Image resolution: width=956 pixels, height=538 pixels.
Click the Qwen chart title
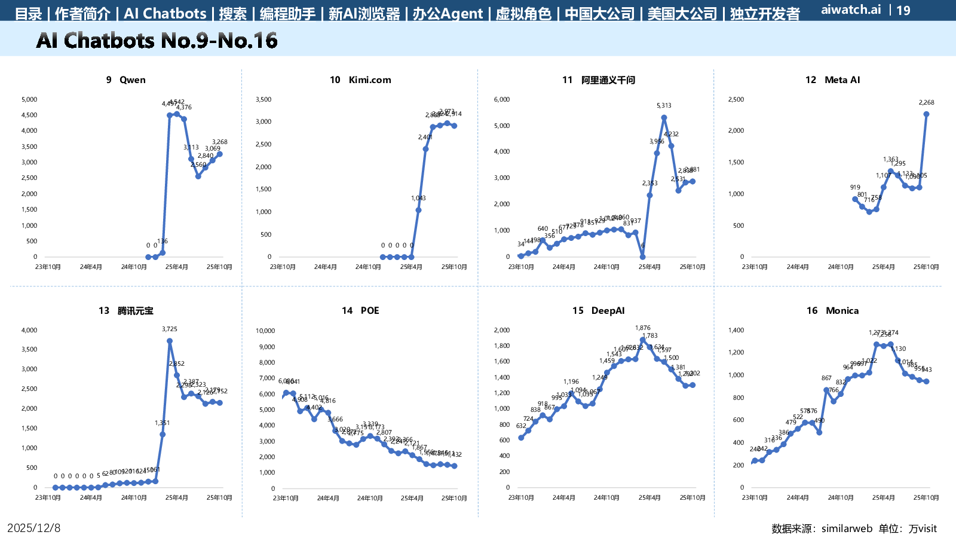point(125,80)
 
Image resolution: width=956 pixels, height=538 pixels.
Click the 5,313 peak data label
point(664,106)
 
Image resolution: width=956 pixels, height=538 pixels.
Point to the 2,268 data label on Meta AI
point(926,103)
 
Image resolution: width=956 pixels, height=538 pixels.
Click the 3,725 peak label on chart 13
point(170,329)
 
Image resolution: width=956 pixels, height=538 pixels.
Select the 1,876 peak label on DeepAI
point(643,328)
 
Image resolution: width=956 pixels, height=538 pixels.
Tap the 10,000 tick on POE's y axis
point(265,331)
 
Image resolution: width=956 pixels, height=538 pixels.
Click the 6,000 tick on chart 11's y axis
point(502,100)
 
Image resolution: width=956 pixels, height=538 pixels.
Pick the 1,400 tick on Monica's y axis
point(736,330)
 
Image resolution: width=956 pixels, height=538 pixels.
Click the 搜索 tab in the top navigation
point(232,14)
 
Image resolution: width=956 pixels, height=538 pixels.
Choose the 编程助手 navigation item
point(287,14)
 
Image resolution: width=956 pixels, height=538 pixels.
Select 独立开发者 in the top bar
point(765,14)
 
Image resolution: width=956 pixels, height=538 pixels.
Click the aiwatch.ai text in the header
point(851,10)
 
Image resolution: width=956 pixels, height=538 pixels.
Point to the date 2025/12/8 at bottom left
point(34,528)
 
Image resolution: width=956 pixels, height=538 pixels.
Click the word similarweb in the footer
point(847,528)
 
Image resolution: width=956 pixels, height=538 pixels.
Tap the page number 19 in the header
point(903,10)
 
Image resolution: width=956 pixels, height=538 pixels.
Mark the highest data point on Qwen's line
point(177,114)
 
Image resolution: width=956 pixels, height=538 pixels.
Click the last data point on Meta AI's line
point(926,114)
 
